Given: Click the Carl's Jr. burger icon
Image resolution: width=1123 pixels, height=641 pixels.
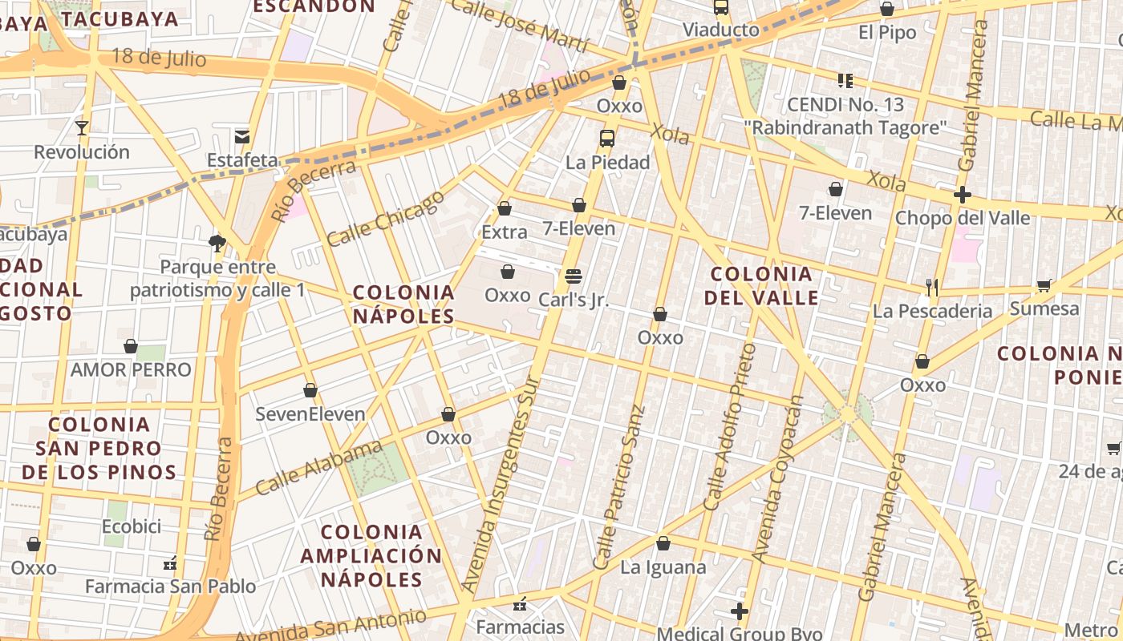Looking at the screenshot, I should [573, 276].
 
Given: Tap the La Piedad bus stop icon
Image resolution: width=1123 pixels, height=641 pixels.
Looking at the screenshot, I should [607, 138].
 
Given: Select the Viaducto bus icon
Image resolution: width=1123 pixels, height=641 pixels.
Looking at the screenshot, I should [721, 7].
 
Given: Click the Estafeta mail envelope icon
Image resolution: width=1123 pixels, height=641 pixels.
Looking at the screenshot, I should [242, 136].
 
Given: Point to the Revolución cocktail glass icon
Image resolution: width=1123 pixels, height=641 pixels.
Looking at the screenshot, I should [81, 127].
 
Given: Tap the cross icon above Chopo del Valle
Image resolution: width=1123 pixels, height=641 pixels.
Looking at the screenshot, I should [963, 194].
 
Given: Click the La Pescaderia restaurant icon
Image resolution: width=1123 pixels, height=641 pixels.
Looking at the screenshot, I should [932, 287].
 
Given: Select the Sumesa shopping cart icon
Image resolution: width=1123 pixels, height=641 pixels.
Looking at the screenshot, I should [1044, 285].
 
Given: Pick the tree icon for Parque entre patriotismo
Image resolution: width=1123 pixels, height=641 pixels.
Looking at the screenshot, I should [217, 243].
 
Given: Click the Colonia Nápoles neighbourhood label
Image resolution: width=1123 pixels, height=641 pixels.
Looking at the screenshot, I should [404, 304].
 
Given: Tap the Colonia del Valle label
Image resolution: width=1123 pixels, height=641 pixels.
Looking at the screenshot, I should [762, 286].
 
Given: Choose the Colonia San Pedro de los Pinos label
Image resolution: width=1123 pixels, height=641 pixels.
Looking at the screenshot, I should [99, 448].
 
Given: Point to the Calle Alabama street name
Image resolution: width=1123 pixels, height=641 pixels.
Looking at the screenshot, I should [319, 467].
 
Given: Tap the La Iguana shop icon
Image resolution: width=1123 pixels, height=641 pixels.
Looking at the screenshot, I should [663, 544].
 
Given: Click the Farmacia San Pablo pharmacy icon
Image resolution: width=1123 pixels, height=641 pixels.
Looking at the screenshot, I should [170, 563].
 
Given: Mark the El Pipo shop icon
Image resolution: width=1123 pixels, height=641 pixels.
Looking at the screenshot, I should [887, 9].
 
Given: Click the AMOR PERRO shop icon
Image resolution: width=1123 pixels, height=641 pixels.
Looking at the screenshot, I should [131, 346].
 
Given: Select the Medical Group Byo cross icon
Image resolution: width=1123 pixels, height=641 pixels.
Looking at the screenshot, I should [740, 612].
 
